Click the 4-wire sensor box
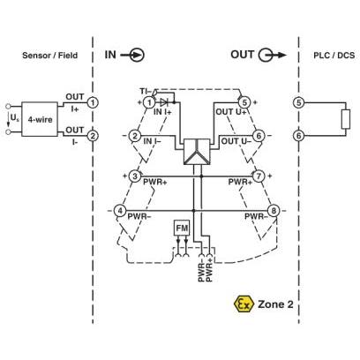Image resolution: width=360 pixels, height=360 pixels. (40, 119)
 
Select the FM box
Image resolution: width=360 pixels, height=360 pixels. (182, 228)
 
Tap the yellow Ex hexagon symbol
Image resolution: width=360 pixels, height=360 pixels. (244, 304)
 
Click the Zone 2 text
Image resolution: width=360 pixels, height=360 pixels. (275, 304)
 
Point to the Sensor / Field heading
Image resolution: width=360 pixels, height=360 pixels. (50, 56)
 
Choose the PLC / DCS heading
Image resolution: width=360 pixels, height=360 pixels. (334, 56)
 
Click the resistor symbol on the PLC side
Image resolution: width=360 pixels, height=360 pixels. (346, 119)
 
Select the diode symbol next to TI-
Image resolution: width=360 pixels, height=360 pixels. (164, 102)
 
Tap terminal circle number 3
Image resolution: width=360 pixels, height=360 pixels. (135, 176)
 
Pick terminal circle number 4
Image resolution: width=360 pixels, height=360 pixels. (120, 211)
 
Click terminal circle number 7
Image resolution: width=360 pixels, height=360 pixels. (259, 176)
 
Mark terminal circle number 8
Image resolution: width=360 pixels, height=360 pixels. (274, 211)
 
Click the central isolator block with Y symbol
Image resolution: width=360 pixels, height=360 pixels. (197, 152)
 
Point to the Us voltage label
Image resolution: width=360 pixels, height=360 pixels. (15, 118)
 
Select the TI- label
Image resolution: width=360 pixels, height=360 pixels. (146, 91)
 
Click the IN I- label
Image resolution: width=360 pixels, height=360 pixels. (152, 141)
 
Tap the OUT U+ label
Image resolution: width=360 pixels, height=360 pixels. (231, 112)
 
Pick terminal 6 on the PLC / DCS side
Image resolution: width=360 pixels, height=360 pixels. (299, 136)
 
